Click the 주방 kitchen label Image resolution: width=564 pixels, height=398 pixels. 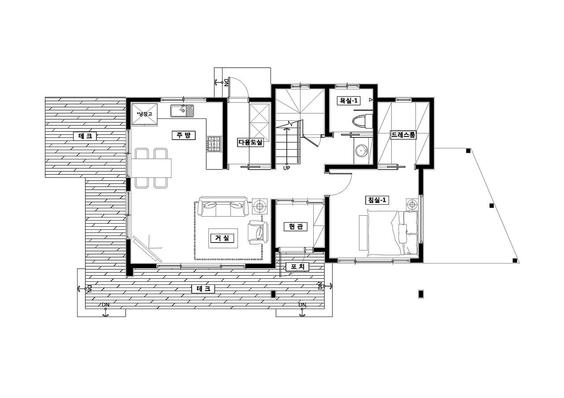[184, 135]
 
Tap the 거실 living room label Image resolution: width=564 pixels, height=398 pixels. [222, 238]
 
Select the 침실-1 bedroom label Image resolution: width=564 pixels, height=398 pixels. [377, 200]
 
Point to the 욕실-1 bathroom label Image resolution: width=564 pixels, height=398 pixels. [349, 101]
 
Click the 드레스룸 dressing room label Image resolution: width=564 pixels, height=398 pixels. [403, 135]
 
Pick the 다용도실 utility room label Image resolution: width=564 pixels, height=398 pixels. [250, 142]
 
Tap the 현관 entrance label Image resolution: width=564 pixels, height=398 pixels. [296, 226]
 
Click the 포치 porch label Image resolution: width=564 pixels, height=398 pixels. [297, 267]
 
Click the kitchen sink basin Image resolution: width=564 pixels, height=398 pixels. [182, 111]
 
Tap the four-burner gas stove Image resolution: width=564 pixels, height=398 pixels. [215, 144]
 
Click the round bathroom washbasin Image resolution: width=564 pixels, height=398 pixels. [362, 151]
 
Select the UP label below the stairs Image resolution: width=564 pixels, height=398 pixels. [286, 168]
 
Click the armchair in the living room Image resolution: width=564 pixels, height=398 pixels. [258, 232]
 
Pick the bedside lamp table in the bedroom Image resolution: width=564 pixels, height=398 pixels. [412, 204]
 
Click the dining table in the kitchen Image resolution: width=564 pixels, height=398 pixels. [151, 168]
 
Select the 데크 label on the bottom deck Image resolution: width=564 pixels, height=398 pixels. [203, 289]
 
